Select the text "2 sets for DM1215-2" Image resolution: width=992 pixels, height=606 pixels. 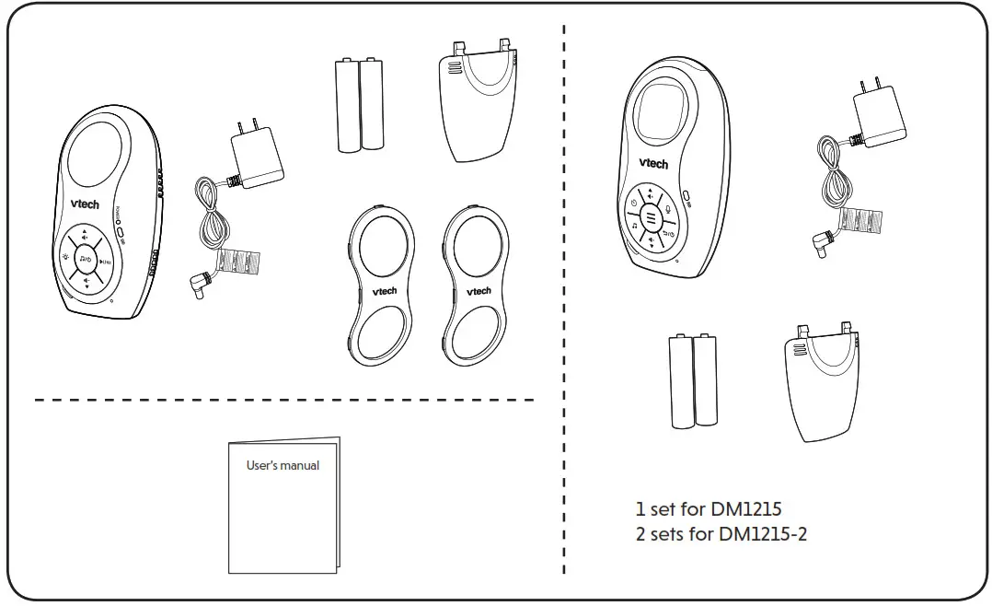tap(721, 533)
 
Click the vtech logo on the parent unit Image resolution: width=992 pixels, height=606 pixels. tap(653, 163)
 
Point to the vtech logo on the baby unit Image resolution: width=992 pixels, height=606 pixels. tap(86, 204)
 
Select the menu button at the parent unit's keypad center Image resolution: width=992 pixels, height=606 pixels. tap(651, 218)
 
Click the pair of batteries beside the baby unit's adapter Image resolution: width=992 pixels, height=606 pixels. tap(359, 106)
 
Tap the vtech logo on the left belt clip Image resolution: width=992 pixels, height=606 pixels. tap(385, 291)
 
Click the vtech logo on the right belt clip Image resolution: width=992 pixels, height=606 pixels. tap(479, 291)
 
